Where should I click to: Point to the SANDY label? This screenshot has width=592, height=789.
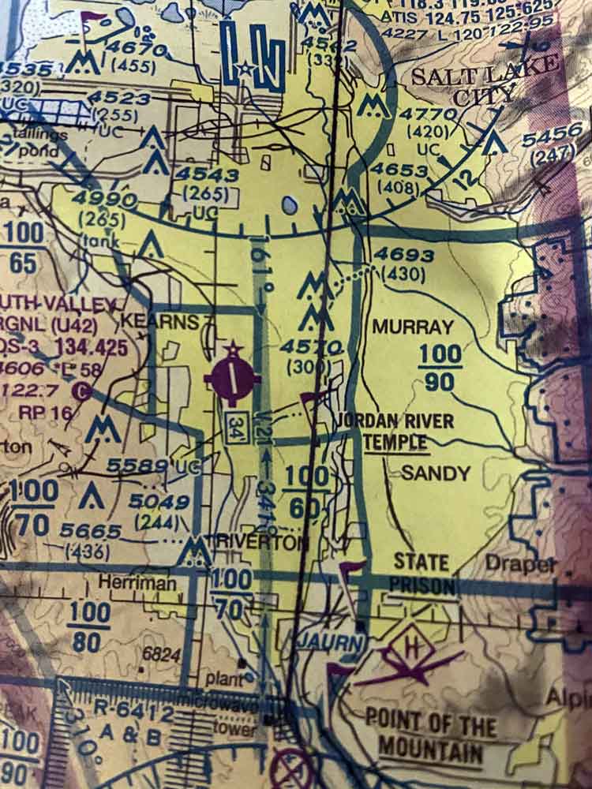tap(436, 473)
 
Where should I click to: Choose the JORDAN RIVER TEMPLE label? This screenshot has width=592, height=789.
tap(395, 430)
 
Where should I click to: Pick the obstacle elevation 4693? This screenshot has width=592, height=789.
tap(403, 255)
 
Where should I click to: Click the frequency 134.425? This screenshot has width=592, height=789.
tap(75, 349)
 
